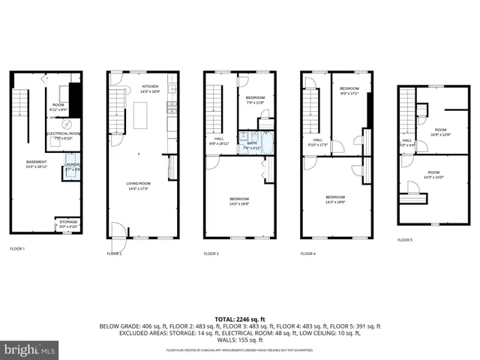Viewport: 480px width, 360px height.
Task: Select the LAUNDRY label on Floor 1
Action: (73, 167)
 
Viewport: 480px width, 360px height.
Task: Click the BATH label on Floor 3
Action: (252, 145)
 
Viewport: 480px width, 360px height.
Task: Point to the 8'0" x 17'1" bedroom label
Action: (350, 91)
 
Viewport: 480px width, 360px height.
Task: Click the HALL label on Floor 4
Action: (318, 141)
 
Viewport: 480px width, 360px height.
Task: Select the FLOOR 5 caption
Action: (406, 240)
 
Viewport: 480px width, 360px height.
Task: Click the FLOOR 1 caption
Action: (17, 248)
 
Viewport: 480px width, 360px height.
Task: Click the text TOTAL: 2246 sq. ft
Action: (240, 318)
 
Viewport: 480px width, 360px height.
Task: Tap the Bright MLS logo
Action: (29, 350)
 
